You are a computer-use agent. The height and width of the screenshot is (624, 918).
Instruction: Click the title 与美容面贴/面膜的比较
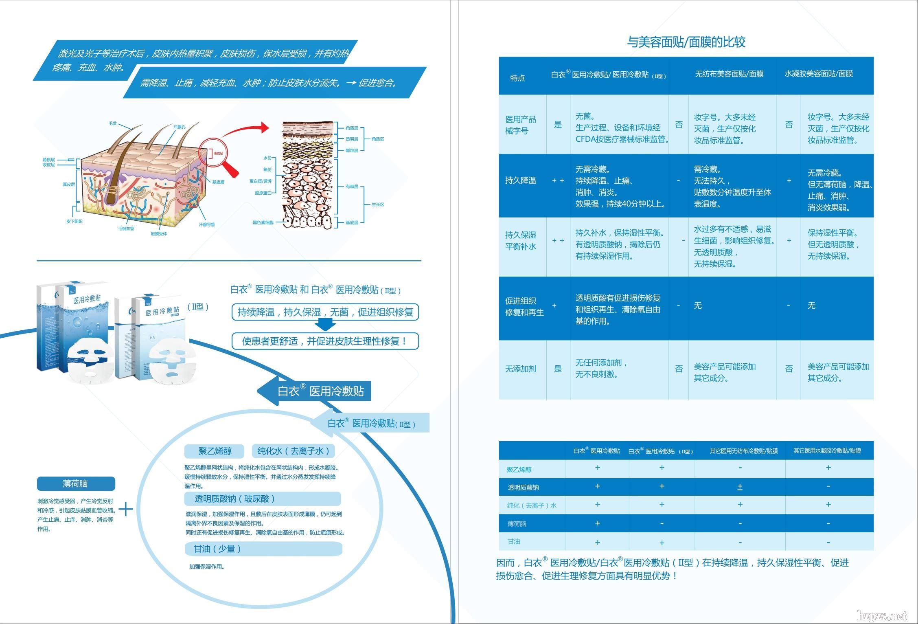click(686, 42)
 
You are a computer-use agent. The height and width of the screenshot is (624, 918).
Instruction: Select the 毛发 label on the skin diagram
click(113, 123)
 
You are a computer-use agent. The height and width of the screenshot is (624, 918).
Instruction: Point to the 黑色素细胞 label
click(263, 222)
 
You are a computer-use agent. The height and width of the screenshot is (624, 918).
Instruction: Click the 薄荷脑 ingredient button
click(76, 483)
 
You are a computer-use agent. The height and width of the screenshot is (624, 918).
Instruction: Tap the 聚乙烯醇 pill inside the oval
click(215, 451)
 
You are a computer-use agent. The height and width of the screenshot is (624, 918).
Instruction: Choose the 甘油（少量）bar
click(263, 549)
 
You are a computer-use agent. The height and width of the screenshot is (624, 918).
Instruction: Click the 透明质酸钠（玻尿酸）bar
click(262, 499)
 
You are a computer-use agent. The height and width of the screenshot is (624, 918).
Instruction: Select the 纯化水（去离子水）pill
click(293, 451)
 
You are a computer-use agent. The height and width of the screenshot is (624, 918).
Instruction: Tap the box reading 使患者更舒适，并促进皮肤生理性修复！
click(325, 341)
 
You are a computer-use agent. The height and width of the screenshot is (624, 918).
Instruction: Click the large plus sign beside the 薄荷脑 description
click(126, 509)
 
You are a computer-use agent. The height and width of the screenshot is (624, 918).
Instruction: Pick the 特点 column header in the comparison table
click(517, 78)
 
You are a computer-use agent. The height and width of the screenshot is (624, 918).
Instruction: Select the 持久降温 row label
click(520, 180)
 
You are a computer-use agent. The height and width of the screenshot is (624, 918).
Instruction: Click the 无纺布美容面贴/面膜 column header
click(729, 74)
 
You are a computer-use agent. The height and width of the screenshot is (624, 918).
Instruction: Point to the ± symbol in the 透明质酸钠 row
click(740, 487)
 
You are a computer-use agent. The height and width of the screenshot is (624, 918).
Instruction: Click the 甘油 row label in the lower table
click(514, 541)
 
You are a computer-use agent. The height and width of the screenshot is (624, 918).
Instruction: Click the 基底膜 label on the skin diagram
click(218, 182)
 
